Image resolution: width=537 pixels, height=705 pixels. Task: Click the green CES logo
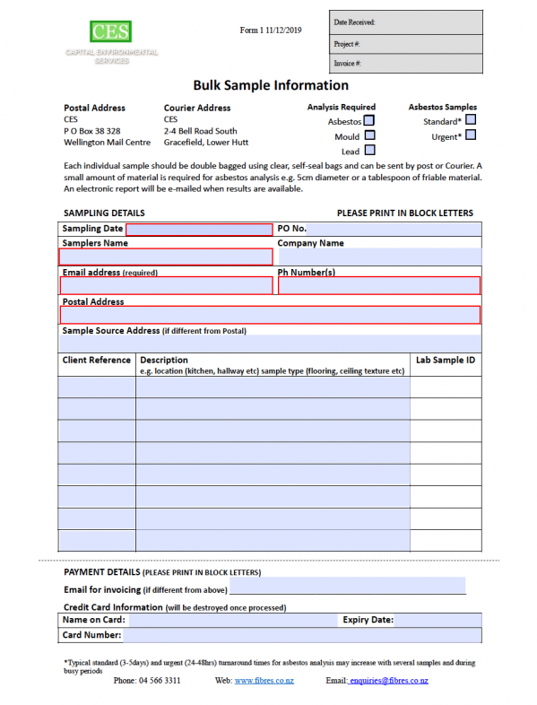pos(111,32)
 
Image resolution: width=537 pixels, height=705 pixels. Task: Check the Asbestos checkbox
pos(369,120)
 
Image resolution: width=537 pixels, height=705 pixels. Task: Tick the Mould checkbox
pos(369,135)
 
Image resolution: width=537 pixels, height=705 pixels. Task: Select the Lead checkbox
pos(369,151)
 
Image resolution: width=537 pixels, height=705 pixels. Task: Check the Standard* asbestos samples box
pos(471,120)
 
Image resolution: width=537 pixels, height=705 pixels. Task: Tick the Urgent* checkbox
pos(471,135)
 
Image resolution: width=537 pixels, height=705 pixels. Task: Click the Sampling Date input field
pos(199,230)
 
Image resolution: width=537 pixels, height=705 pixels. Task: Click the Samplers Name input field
pos(166,257)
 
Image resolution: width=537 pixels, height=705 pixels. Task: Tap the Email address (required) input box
pos(166,286)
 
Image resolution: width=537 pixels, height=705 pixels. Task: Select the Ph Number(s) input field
pos(379,286)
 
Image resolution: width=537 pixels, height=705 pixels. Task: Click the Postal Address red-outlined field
pos(270,315)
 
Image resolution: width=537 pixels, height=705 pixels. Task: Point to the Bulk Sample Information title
pos(270,86)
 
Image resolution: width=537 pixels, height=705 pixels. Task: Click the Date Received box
pos(405,22)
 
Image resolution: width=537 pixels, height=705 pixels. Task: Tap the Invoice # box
pos(405,64)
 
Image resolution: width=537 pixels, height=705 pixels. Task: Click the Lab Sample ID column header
pos(446,361)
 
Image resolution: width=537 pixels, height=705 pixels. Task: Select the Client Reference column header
pos(97,361)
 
